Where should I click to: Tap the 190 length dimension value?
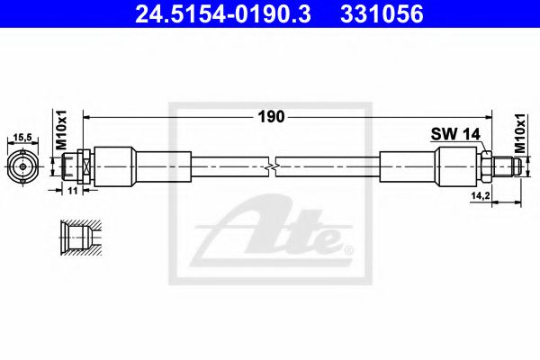click(x=272, y=116)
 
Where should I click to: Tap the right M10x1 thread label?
click(x=520, y=130)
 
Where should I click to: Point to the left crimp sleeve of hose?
click(x=115, y=167)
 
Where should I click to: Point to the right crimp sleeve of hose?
click(x=409, y=167)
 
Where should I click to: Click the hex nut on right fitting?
click(x=484, y=167)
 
